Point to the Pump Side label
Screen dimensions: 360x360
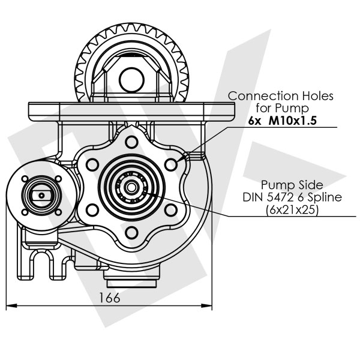point(289,184)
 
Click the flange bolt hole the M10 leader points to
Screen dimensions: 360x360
point(172,163)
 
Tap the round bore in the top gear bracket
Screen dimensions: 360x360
point(131,77)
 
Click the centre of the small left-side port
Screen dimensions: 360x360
point(40,194)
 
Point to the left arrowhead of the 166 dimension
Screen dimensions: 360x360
point(10,307)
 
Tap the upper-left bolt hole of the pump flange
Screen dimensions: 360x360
point(92,163)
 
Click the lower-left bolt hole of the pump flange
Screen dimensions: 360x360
point(92,209)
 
